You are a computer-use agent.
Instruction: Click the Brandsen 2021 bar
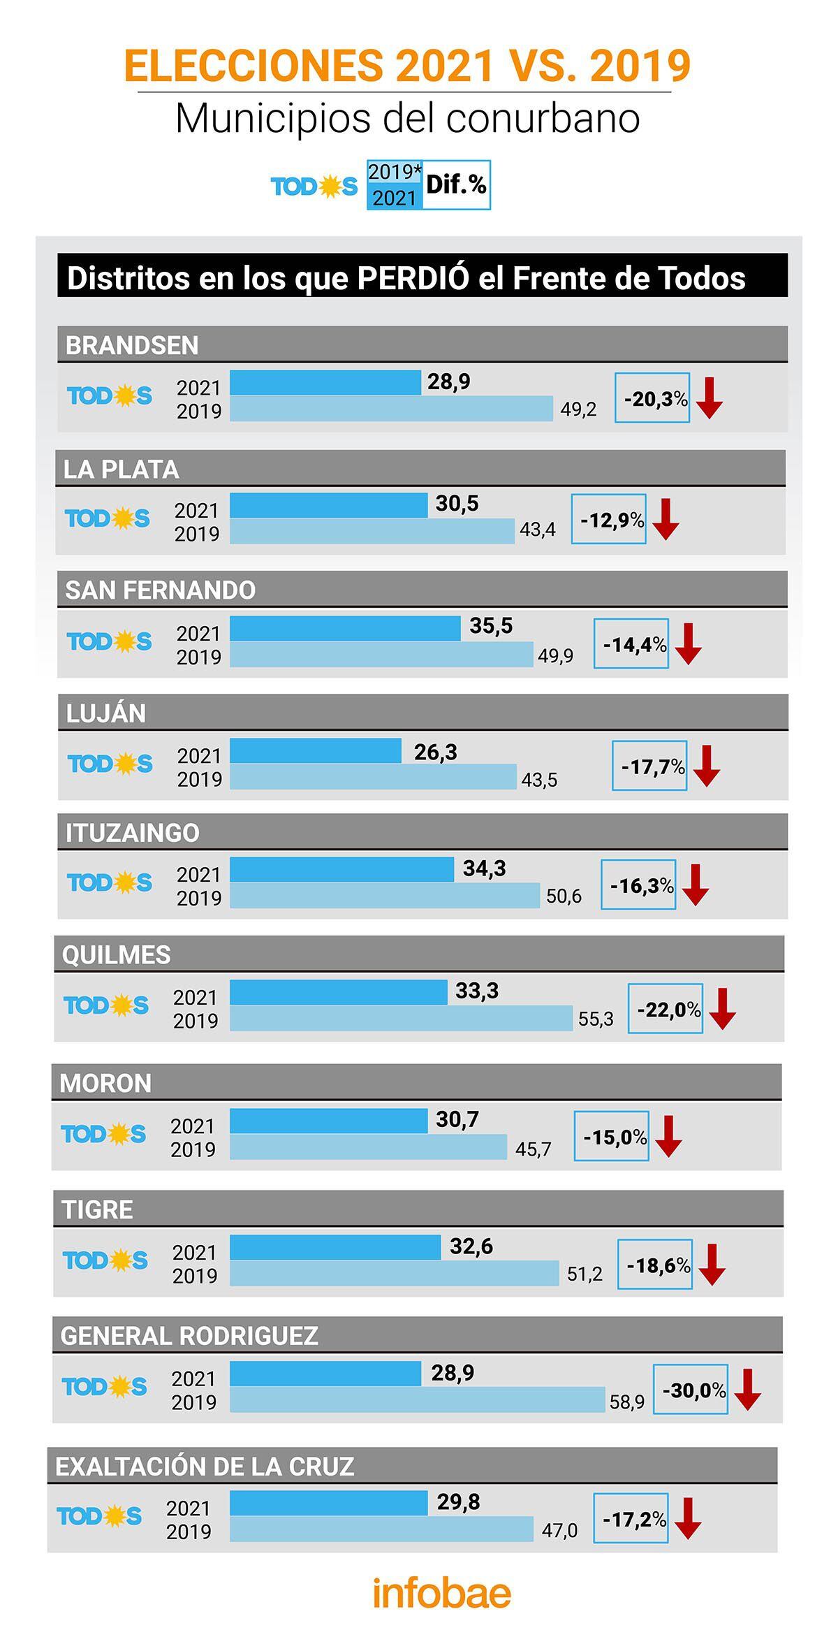tap(325, 383)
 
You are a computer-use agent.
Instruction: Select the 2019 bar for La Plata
tap(372, 531)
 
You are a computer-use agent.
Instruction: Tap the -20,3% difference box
tap(652, 398)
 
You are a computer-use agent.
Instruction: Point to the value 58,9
tap(626, 1402)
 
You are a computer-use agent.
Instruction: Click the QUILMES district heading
tap(117, 954)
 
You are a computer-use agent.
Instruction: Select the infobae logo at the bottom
tap(441, 1592)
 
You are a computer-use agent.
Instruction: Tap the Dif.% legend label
tap(456, 184)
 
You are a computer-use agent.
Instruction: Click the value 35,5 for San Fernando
tap(491, 626)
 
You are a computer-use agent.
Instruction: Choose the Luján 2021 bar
tap(316, 751)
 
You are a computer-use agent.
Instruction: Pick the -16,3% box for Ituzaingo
tap(638, 885)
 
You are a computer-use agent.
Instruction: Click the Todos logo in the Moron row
tap(103, 1134)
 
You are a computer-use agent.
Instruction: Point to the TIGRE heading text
tap(97, 1209)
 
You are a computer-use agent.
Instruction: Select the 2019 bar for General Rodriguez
tap(417, 1399)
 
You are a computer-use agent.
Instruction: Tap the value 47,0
tap(559, 1531)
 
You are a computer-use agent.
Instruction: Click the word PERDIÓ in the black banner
tap(413, 278)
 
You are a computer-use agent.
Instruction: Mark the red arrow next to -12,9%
tap(666, 519)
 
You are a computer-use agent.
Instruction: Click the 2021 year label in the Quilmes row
tap(196, 997)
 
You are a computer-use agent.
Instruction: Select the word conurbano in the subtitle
tap(543, 119)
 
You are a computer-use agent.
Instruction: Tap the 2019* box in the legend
tap(395, 172)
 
